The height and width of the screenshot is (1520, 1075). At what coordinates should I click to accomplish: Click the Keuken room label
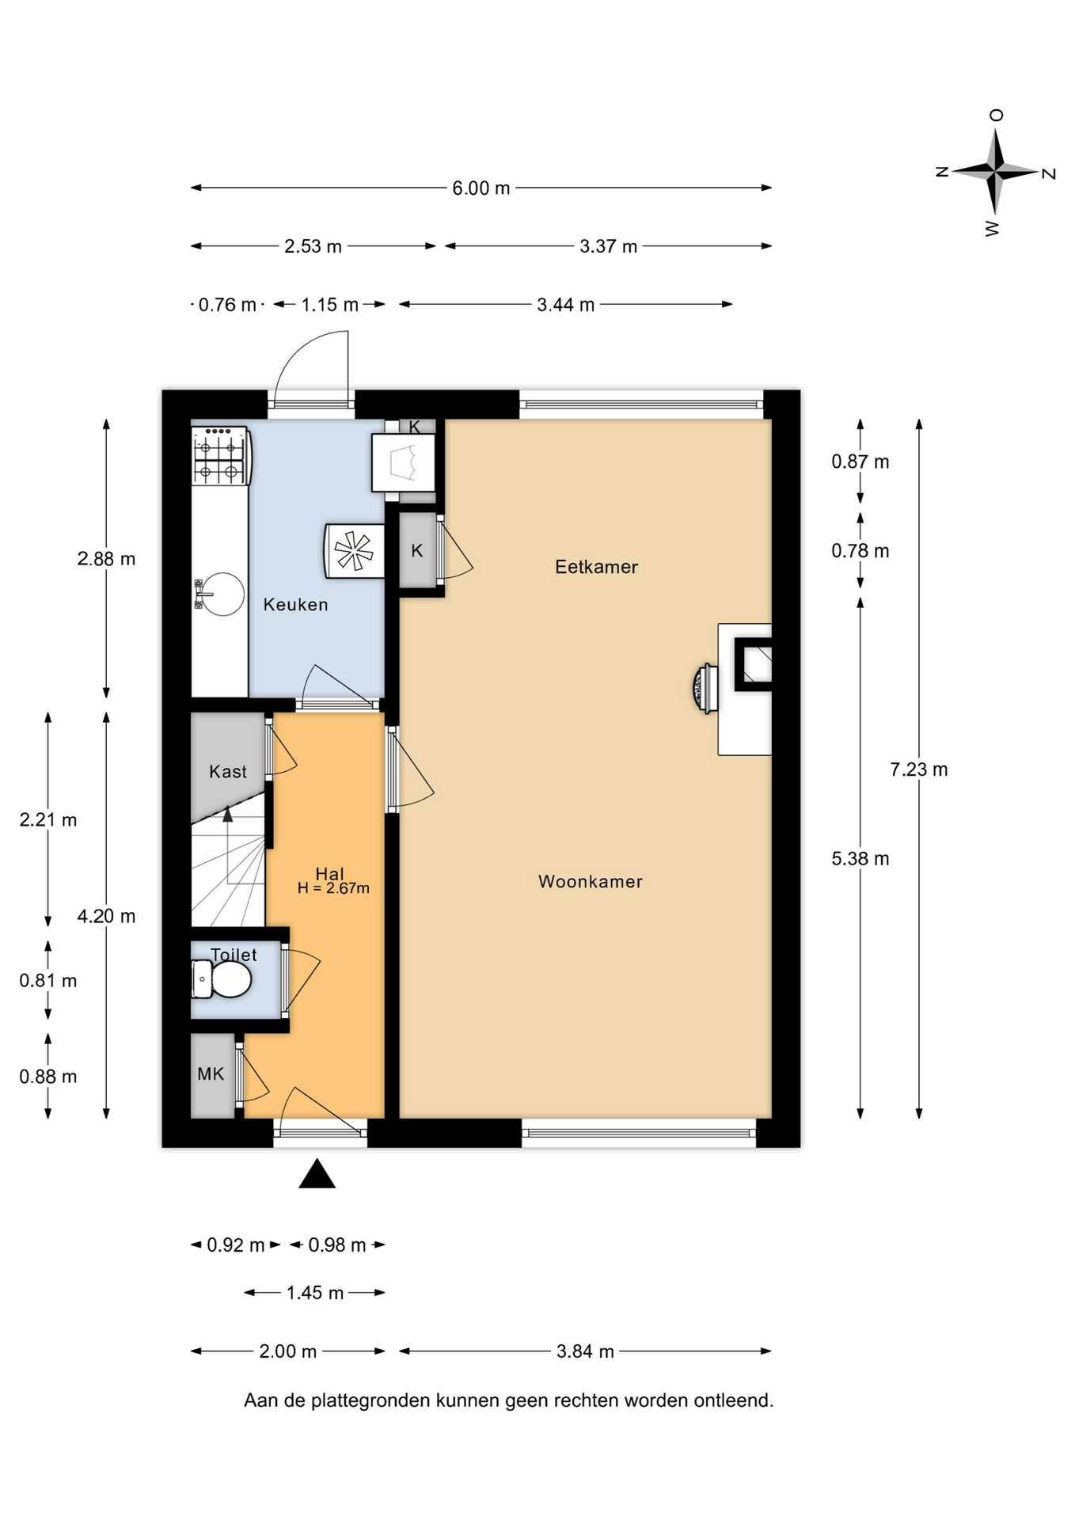pos(295,605)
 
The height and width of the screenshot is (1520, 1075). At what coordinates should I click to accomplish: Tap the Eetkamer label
pos(596,567)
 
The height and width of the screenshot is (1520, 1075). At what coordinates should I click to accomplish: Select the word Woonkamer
pos(591,882)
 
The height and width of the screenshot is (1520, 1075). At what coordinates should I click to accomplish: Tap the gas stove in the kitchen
pos(221,456)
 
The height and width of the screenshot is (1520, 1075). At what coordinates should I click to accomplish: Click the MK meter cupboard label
pos(211,1074)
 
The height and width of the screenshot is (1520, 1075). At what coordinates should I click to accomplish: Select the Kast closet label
pos(228,772)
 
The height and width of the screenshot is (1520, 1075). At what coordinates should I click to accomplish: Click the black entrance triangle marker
pos(317,1174)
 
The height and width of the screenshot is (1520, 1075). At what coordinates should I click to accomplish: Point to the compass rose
pos(996,171)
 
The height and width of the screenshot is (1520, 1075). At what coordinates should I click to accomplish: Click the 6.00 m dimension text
pos(481,188)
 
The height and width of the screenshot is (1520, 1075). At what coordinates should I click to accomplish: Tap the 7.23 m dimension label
pos(919,769)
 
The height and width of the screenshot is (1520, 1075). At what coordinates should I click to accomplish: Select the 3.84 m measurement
pos(585,1351)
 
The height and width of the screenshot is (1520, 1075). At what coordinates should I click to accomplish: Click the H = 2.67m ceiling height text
pos(333,888)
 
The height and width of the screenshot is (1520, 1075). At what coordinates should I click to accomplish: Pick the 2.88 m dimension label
pos(106,559)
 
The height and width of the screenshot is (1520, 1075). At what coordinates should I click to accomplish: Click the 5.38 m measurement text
pos(860,859)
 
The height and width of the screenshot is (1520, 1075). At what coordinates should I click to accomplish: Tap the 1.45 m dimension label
pos(315,1293)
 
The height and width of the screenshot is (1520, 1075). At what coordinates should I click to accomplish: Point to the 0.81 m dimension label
pos(48,981)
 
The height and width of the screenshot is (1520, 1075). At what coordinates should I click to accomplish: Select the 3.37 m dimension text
pos(609,246)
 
